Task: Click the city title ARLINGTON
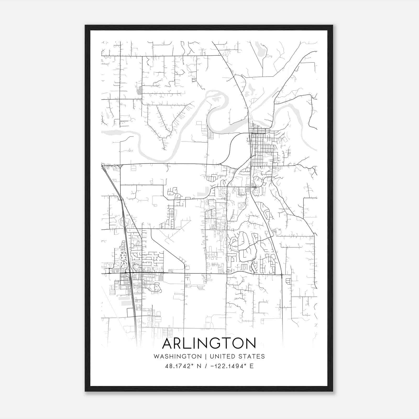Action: [209, 343]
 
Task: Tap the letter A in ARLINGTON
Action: [168, 343]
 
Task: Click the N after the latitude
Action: [199, 366]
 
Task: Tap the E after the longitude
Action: [251, 366]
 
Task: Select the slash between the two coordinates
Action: [206, 366]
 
